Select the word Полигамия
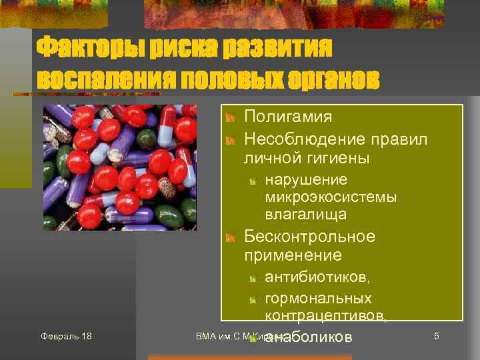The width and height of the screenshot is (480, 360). (x=288, y=117)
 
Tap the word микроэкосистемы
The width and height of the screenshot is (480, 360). (x=331, y=197)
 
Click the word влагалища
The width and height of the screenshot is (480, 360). (x=305, y=215)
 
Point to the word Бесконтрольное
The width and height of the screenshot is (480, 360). (x=309, y=237)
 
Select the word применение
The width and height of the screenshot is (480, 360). (x=293, y=255)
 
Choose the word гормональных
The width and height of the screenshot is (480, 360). (x=318, y=298)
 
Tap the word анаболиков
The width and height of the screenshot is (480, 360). (x=308, y=337)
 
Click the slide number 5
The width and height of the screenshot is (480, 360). (x=436, y=335)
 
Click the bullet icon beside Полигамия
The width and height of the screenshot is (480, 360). (x=230, y=118)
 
